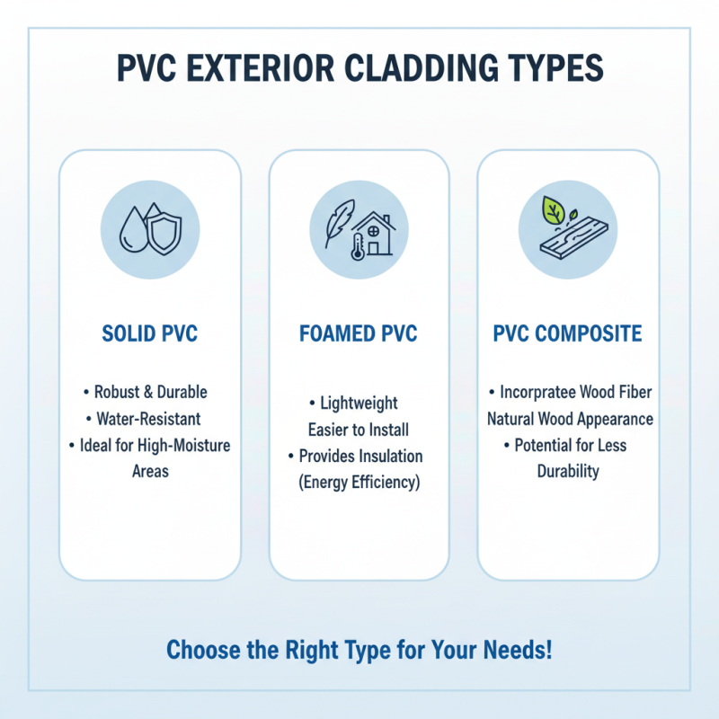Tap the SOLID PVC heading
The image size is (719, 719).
(x=150, y=335)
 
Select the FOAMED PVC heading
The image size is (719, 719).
(x=359, y=335)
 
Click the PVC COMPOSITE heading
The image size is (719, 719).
(x=568, y=335)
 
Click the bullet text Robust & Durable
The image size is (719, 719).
(x=150, y=393)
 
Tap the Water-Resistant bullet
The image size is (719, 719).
(x=150, y=419)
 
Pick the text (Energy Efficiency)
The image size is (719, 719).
(x=359, y=483)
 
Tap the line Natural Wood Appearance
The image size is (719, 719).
(x=570, y=419)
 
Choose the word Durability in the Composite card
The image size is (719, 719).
(x=568, y=472)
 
